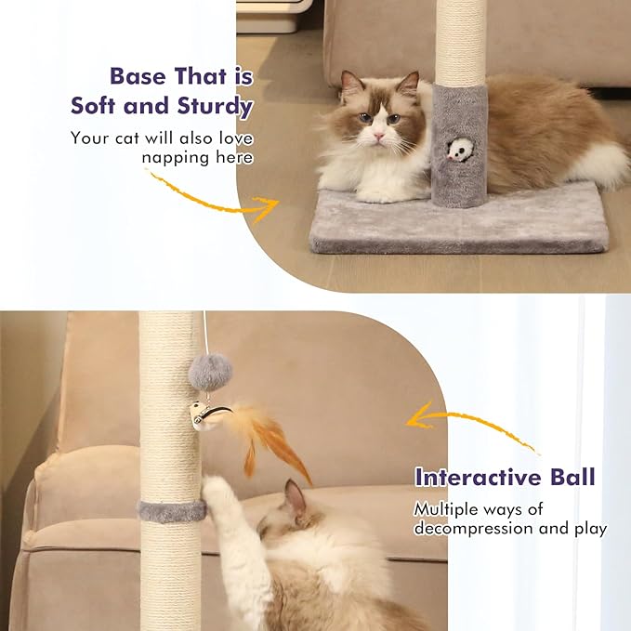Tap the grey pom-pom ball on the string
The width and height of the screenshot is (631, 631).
pyautogui.click(x=209, y=372)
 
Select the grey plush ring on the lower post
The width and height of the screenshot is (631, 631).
pyautogui.click(x=171, y=510)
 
